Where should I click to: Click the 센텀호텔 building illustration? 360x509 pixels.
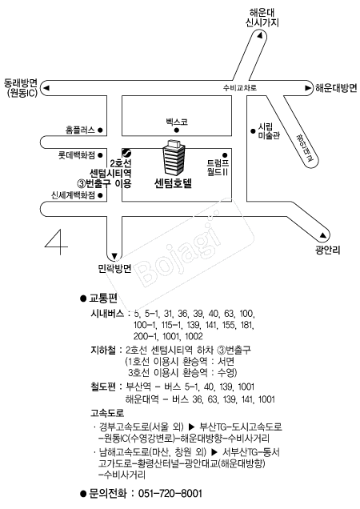pyautogui.click(x=174, y=158)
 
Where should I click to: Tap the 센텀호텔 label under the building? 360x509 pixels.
pyautogui.click(x=174, y=184)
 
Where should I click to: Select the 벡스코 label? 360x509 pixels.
pyautogui.click(x=177, y=122)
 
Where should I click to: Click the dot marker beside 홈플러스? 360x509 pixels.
pyautogui.click(x=100, y=130)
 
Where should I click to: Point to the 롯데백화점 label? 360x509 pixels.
pyautogui.click(x=77, y=155)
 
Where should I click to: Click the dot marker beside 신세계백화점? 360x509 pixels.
pyautogui.click(x=100, y=195)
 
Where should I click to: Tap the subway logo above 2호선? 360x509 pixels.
pyautogui.click(x=126, y=152)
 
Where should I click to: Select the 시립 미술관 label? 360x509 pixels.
pyautogui.click(x=269, y=131)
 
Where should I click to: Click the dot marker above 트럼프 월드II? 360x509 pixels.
pyautogui.click(x=225, y=155)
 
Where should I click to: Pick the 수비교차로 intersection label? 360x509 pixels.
pyautogui.click(x=240, y=88)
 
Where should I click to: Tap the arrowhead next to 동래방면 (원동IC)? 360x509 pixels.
pyautogui.click(x=46, y=88)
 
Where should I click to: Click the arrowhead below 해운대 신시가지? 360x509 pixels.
pyautogui.click(x=260, y=35)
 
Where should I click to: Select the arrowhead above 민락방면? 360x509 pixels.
pyautogui.click(x=114, y=255)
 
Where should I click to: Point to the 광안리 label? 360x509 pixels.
pyautogui.click(x=327, y=250)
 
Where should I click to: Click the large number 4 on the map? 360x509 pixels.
pyautogui.click(x=57, y=242)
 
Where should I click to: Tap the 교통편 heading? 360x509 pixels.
pyautogui.click(x=103, y=298)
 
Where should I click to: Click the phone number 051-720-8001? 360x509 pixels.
pyautogui.click(x=170, y=494)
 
